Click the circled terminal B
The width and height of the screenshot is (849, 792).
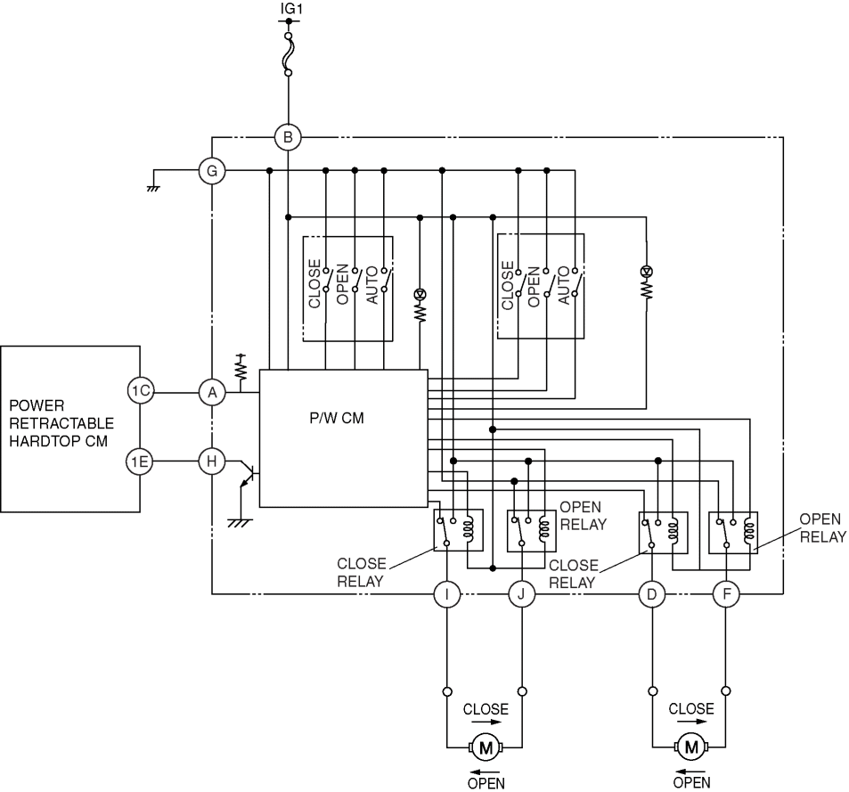tap(288, 137)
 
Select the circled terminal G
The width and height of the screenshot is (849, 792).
tap(212, 171)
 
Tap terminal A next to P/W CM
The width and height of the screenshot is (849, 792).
tap(212, 393)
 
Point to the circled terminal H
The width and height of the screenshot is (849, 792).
tap(212, 461)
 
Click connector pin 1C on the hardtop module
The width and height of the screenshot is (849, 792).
tap(141, 391)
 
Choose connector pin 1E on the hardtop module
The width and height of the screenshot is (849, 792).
tap(140, 461)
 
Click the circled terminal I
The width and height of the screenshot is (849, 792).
tap(447, 594)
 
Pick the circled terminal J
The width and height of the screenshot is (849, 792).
tap(521, 594)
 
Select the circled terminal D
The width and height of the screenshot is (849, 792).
tap(652, 594)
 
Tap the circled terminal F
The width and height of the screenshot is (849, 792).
tap(726, 594)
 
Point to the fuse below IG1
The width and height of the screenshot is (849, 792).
tap(289, 54)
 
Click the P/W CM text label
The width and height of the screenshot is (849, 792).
tap(337, 418)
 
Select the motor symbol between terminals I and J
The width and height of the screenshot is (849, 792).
tap(486, 747)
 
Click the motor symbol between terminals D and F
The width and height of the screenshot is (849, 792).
tap(691, 747)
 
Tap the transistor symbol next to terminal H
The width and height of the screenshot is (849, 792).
tap(248, 473)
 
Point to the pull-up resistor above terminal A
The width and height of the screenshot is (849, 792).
tap(241, 367)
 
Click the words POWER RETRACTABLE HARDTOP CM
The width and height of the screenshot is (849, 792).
tap(61, 423)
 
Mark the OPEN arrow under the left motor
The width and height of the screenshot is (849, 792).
tap(486, 772)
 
